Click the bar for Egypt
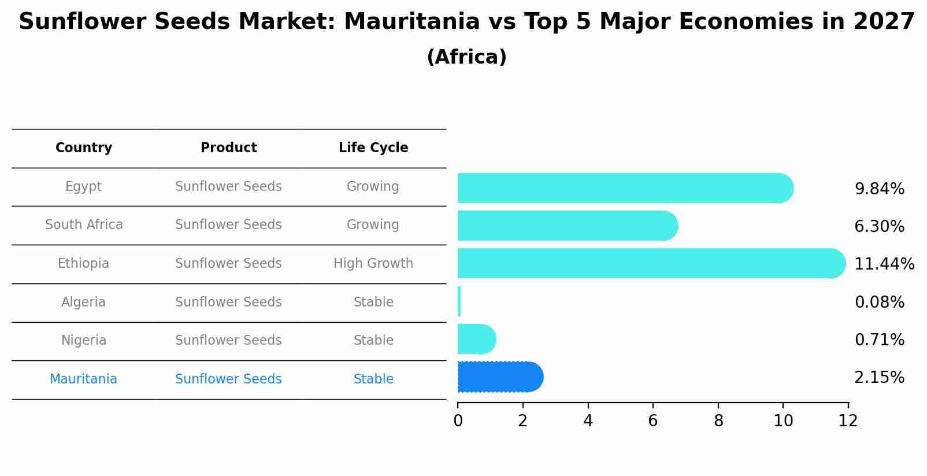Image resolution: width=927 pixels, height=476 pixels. pos(624,188)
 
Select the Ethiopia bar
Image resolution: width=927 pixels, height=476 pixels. pos(650,263)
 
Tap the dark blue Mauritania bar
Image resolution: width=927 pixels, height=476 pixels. pos(500,377)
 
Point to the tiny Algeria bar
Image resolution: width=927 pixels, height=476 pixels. pos(459,301)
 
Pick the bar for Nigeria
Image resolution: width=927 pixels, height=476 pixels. pos(476,339)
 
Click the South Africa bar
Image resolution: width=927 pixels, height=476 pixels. pos(566,226)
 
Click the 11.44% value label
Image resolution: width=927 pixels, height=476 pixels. pos(884,264)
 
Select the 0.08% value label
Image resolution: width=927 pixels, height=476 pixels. pos(879,302)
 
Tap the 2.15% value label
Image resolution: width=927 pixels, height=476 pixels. pos(879,378)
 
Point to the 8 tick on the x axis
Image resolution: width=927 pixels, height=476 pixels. pos(718,421)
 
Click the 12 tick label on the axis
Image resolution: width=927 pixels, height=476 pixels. pos(848,421)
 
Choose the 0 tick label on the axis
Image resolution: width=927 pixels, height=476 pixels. pos(458,421)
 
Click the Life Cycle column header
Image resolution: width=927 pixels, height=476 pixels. pos(373,148)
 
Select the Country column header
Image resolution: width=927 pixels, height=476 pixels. pos(84,148)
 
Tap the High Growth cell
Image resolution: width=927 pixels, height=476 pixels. pos(373,264)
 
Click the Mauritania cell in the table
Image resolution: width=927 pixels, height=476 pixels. pos(84,379)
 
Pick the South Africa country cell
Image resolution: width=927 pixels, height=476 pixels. pos(84,225)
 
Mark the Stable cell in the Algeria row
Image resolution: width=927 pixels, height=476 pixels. pos(373,302)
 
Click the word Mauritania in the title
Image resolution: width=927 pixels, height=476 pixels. pos(411,22)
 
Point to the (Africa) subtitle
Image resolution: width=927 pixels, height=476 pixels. pos(466,57)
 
